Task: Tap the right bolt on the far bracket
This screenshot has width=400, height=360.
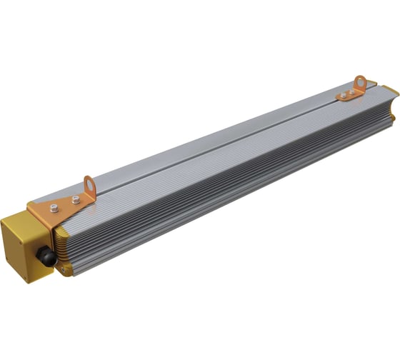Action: pyautogui.click(x=352, y=91)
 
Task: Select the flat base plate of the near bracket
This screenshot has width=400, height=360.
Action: pyautogui.click(x=68, y=211)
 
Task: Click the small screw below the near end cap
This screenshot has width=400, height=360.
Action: pyautogui.click(x=62, y=269)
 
